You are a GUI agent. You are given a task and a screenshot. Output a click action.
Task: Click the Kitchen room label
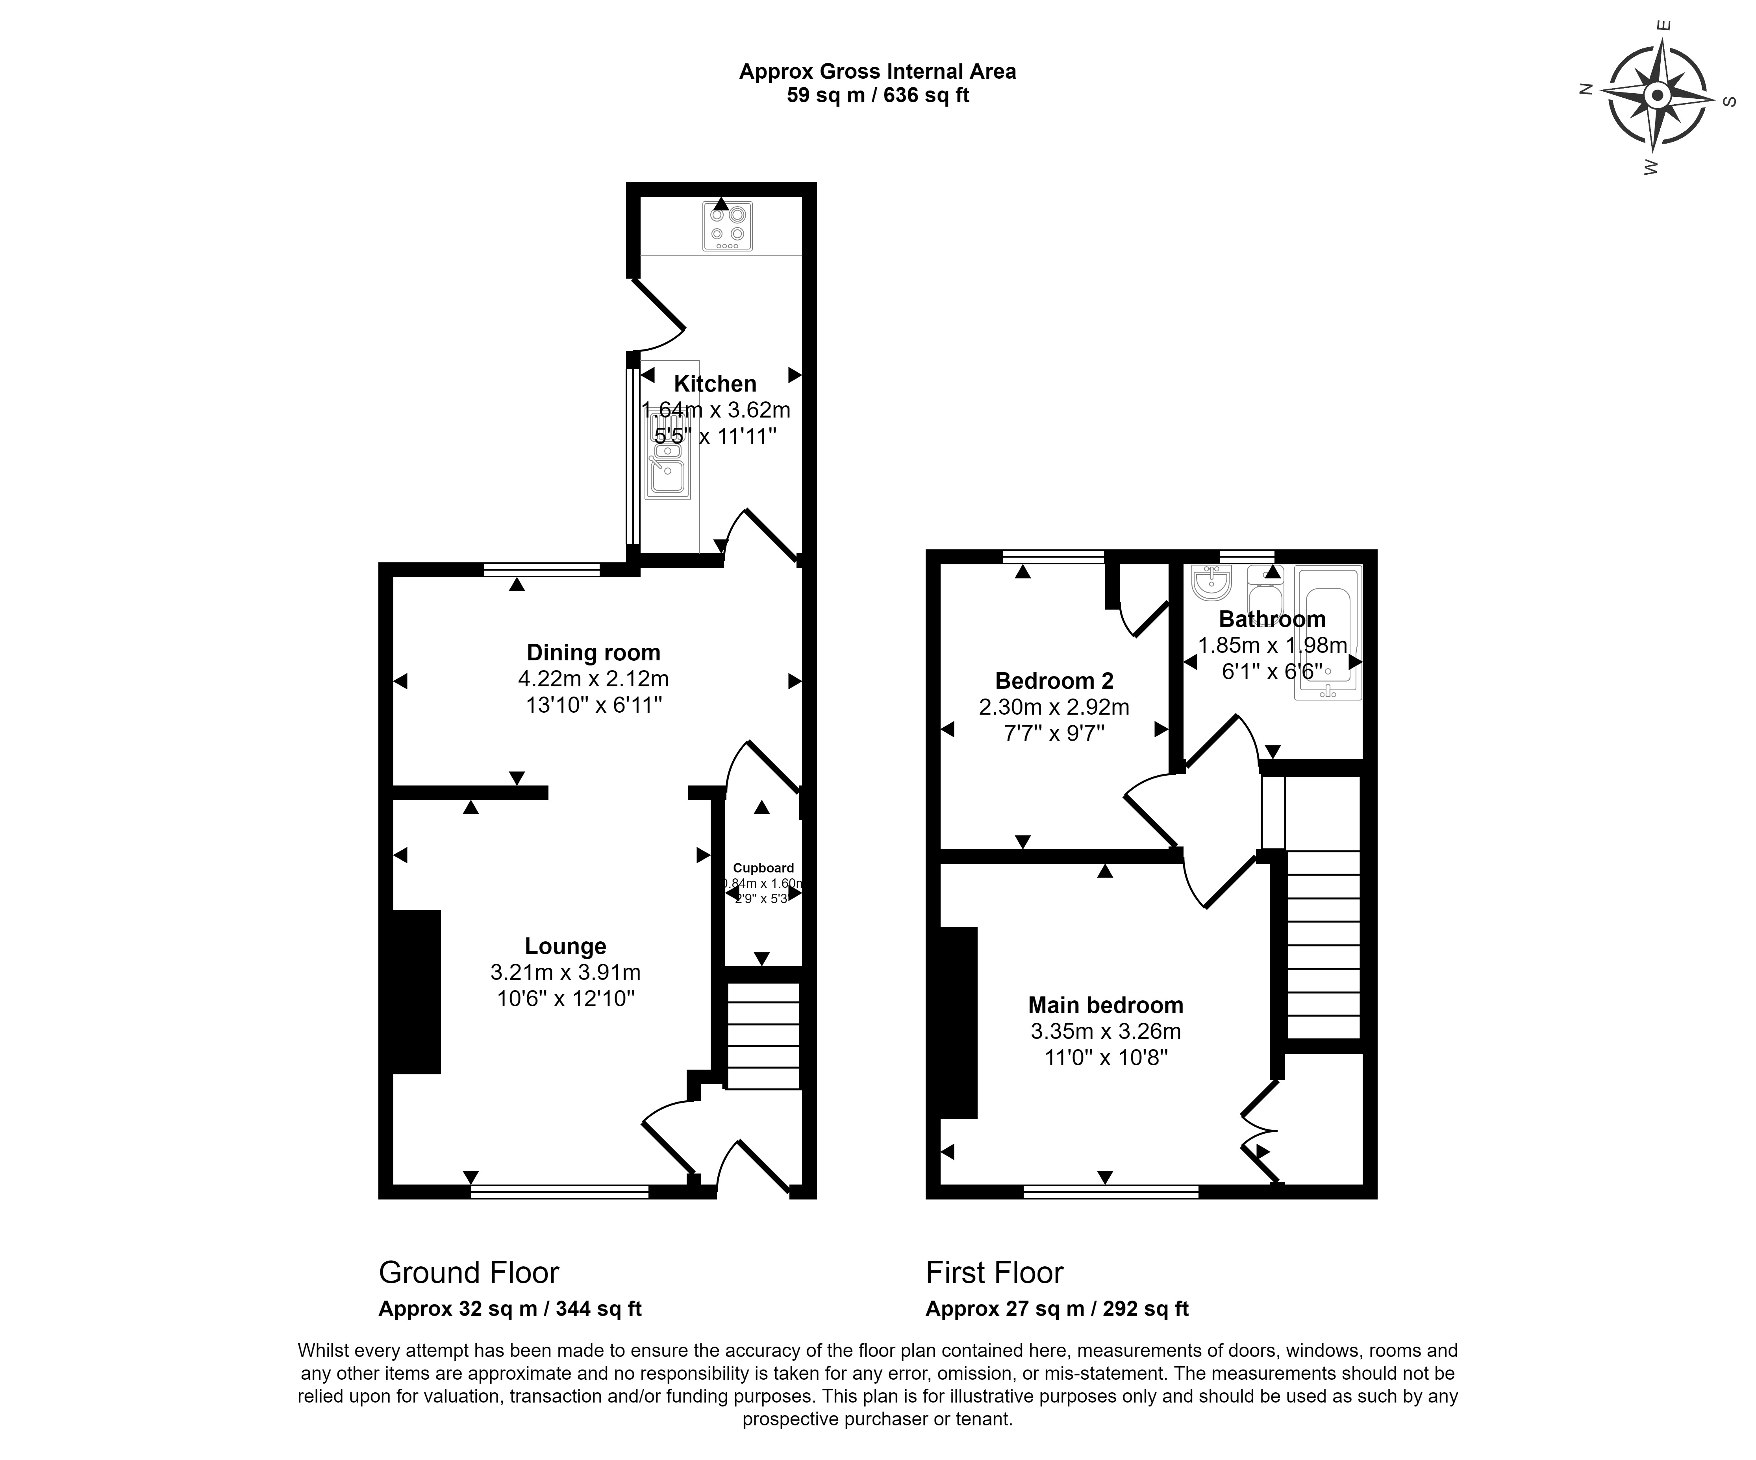click(715, 384)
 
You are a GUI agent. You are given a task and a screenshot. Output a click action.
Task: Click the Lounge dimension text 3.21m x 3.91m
click(565, 972)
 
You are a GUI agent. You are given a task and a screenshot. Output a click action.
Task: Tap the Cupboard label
click(763, 867)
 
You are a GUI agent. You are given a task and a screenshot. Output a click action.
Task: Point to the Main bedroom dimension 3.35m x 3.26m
click(1106, 1031)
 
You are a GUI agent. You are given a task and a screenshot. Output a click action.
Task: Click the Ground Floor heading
click(468, 1273)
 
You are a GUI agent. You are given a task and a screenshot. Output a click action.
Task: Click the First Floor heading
click(994, 1273)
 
